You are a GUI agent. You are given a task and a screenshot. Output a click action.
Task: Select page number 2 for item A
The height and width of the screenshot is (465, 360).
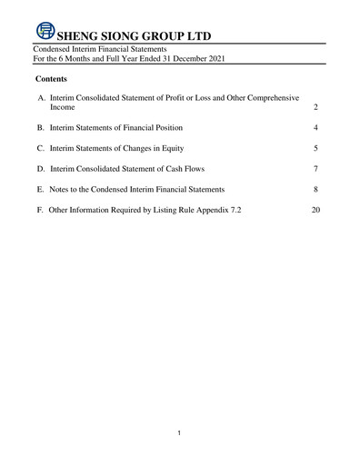pos(315,107)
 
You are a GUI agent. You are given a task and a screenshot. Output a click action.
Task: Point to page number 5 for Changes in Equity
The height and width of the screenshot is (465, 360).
pos(315,148)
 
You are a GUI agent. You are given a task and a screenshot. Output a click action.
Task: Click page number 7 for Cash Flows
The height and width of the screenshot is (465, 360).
pos(315,169)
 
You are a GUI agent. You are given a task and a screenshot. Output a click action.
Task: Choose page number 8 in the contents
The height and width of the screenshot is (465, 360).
pos(315,189)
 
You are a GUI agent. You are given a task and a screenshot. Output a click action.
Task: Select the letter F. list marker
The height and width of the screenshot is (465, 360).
pos(41,210)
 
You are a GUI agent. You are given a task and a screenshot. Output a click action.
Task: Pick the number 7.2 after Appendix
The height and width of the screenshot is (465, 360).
pos(235,210)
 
